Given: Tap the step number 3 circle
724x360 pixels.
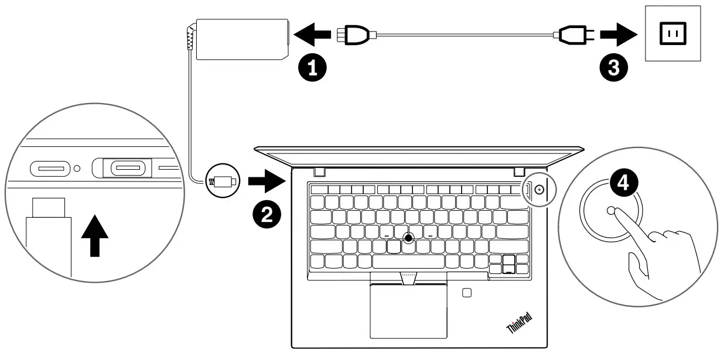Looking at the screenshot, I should [613, 68].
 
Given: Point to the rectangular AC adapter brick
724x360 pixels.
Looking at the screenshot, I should [243, 39].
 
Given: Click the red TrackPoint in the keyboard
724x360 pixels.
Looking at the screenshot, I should [408, 237].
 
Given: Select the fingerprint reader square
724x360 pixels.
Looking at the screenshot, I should [467, 292].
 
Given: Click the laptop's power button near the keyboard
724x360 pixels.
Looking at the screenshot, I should [538, 190].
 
